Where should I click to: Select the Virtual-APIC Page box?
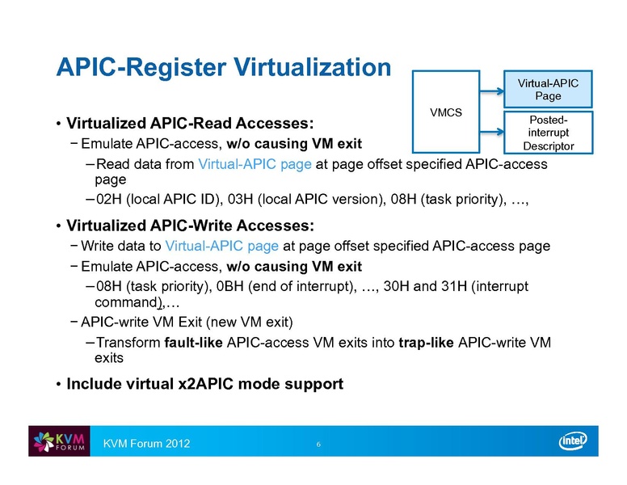tap(548, 89)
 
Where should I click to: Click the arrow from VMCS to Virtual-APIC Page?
tap(492, 91)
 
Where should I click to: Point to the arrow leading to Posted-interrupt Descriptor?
tap(492, 132)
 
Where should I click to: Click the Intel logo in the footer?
tap(573, 441)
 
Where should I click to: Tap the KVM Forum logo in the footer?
tap(59, 441)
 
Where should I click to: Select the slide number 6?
tap(318, 445)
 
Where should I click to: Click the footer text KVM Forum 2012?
tap(146, 444)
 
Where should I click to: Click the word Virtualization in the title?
tap(313, 67)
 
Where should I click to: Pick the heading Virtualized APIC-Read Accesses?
tap(190, 123)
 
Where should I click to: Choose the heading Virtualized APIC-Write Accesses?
tap(190, 226)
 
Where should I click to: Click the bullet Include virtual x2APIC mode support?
tap(204, 384)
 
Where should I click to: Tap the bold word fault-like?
tap(194, 343)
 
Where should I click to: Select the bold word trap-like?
tap(427, 343)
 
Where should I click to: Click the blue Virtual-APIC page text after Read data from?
tap(255, 164)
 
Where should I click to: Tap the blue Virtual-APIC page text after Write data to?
tap(222, 246)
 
